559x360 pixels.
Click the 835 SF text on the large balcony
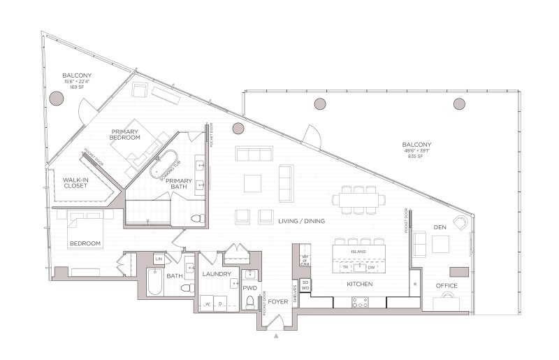tap(421, 155)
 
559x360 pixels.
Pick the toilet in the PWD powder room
tap(250, 302)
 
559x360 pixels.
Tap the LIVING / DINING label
tap(301, 221)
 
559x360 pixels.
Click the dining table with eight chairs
tap(359, 199)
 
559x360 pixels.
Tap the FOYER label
tap(277, 301)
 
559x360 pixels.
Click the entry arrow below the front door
tap(277, 337)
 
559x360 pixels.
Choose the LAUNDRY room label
tap(217, 274)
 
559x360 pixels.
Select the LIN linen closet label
tap(158, 259)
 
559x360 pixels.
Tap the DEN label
tap(440, 226)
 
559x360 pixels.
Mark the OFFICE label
tap(447, 285)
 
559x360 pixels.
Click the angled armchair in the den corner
tap(460, 222)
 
